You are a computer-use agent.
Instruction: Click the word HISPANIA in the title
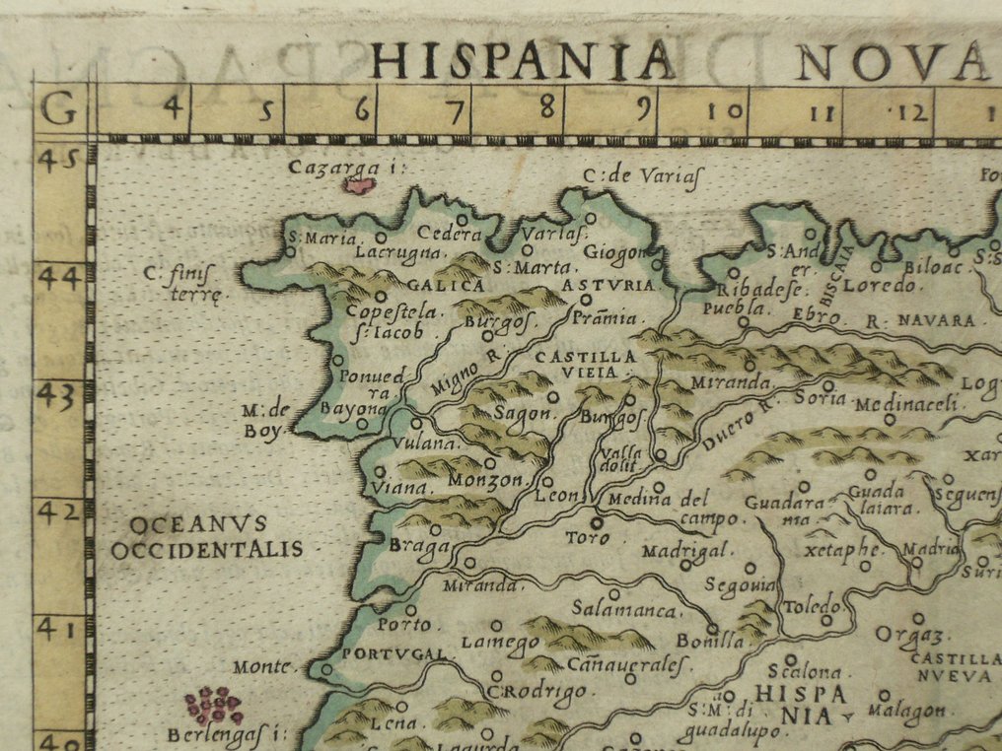[x=524, y=60]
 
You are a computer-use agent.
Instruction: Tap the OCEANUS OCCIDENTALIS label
[x=206, y=536]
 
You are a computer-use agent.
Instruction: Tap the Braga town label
[x=419, y=546]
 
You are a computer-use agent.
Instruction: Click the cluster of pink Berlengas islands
[x=213, y=705]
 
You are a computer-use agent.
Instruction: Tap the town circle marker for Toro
[x=596, y=522]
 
